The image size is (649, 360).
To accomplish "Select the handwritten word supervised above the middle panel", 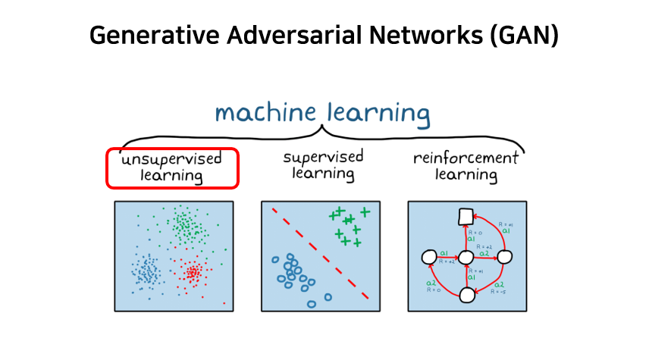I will pos(323,158).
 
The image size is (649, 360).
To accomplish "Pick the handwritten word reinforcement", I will pos(466,158).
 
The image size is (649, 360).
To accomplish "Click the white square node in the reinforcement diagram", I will pos(466,216).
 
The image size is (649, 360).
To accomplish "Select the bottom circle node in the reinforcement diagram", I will pos(466,295).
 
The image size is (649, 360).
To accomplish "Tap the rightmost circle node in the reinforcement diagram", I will pos(506,257).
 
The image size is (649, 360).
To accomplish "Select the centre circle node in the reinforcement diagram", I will pos(466,258).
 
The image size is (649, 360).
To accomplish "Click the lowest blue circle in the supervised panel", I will pos(312,304).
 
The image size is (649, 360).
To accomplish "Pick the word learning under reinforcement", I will pos(466,176).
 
